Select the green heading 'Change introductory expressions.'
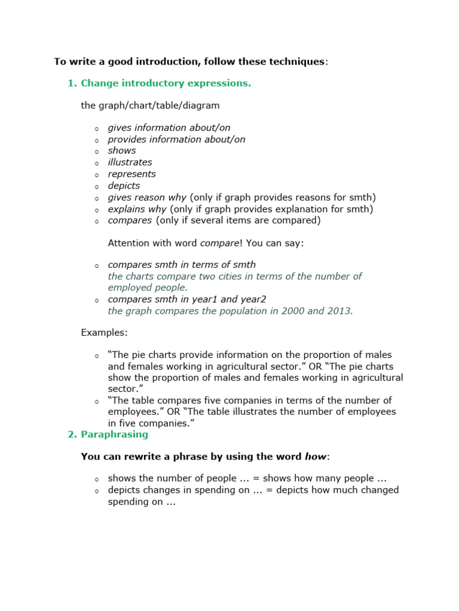(166, 83)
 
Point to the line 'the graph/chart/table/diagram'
(150, 106)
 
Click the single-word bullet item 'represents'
(131, 174)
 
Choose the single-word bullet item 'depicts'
(124, 186)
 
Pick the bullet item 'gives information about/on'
(169, 128)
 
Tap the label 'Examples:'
(104, 332)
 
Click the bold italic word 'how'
(316, 457)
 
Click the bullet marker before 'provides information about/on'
(96, 140)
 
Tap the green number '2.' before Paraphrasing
(72, 434)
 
